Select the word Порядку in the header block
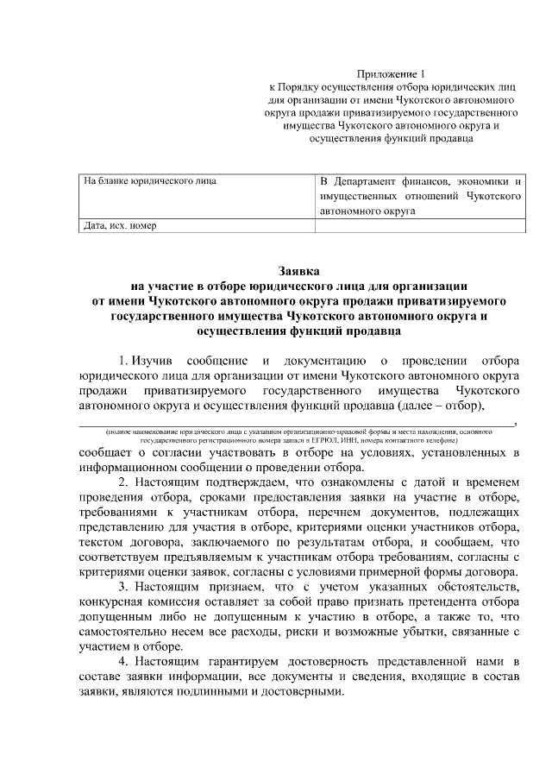pos(302,87)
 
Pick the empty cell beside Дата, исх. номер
pos(419,225)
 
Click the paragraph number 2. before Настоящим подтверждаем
pos(124,482)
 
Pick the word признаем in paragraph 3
pos(213,589)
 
